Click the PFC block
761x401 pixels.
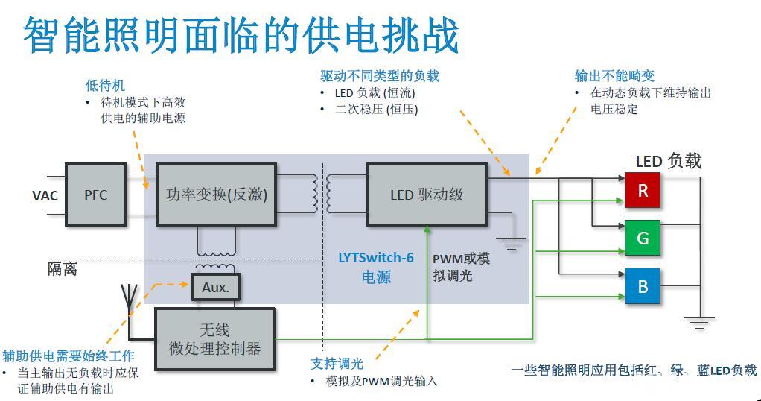coord(95,195)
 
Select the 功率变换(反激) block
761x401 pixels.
coord(216,195)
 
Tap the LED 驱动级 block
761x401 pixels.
coord(427,195)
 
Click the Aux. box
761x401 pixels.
coord(215,287)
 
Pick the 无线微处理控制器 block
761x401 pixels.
coord(214,338)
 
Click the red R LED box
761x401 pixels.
coord(643,191)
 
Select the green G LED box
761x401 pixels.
coord(643,239)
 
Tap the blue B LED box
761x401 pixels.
coord(643,286)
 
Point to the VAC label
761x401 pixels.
coord(45,196)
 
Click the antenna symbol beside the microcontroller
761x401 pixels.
coord(129,297)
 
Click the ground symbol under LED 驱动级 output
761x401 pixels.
coord(512,241)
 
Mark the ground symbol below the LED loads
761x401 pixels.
coord(698,322)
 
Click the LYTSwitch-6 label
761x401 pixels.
coord(376,258)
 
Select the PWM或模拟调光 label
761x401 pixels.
coord(462,267)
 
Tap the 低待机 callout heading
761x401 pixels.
coord(106,86)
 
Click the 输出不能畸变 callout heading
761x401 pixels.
coord(614,76)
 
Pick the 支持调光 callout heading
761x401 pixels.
coord(337,364)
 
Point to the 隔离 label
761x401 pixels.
coord(63,269)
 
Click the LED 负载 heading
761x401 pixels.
coord(668,161)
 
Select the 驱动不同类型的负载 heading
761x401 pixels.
coord(380,76)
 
